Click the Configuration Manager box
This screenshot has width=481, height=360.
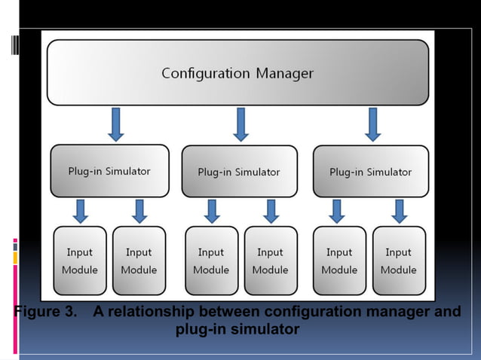[x=237, y=73]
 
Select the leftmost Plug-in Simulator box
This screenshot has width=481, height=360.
[x=110, y=171]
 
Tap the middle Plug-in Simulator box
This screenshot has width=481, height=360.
[x=239, y=172]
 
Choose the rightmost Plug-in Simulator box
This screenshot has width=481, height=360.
[x=370, y=172]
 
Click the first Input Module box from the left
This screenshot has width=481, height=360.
[x=79, y=261]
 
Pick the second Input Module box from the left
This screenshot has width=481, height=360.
[x=139, y=261]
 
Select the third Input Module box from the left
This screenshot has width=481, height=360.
[x=211, y=261]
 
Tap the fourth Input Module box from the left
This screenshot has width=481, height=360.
[x=270, y=261]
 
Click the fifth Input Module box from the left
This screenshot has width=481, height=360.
[x=339, y=261]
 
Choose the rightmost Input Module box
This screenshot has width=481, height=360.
[x=398, y=261]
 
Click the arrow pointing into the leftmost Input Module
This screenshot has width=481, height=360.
[x=80, y=211]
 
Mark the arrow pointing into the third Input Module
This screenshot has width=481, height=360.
[x=212, y=211]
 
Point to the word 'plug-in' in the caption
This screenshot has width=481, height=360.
[x=200, y=330]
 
